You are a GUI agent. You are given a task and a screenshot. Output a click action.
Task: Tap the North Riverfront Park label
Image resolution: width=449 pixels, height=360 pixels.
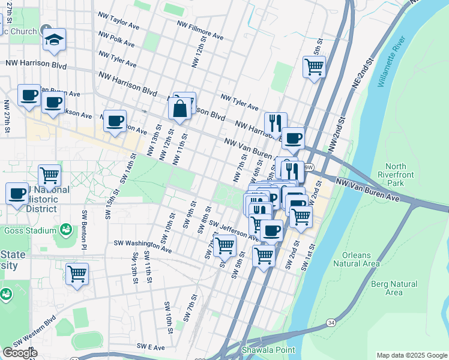click(x=396, y=175)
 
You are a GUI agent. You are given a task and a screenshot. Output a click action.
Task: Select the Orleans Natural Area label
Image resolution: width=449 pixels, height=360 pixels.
click(x=356, y=259)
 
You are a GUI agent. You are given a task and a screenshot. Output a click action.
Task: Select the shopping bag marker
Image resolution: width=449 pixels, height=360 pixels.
click(x=180, y=109)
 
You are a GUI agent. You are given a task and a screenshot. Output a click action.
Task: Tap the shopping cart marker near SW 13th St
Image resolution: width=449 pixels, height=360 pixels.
click(x=77, y=274)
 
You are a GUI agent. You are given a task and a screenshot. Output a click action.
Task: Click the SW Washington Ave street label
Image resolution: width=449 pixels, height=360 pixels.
click(x=143, y=247)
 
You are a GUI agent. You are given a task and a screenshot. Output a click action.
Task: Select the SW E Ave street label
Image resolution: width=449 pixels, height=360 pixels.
click(x=151, y=346)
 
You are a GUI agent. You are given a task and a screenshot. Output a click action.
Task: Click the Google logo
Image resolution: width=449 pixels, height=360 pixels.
click(x=19, y=353)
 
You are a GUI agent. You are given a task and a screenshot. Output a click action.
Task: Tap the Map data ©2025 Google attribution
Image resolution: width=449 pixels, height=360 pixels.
click(x=411, y=355)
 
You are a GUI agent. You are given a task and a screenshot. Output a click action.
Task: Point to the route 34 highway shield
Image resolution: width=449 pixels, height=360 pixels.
click(x=331, y=323)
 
